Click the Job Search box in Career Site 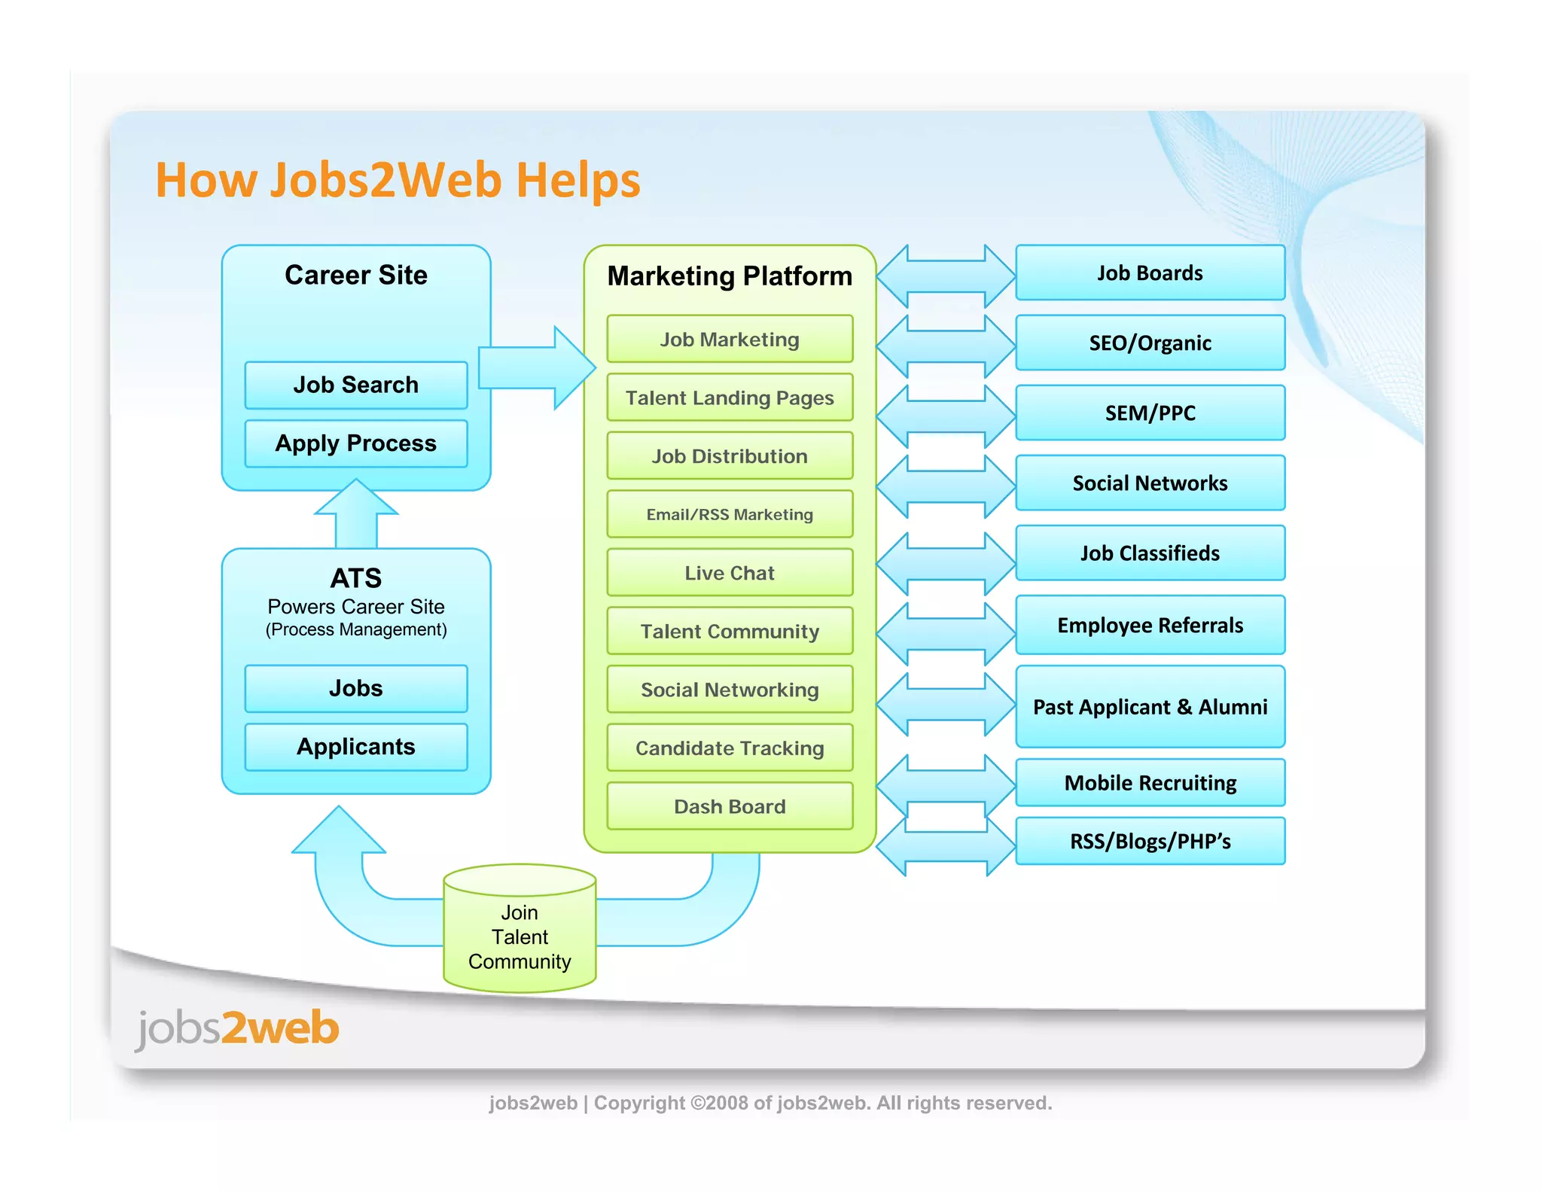pyautogui.click(x=355, y=385)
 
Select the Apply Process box pyautogui.click(x=355, y=443)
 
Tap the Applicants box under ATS pyautogui.click(x=355, y=747)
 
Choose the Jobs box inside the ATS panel pyautogui.click(x=355, y=688)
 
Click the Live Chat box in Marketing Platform pyautogui.click(x=729, y=573)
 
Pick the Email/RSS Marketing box pyautogui.click(x=729, y=514)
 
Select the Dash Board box pyautogui.click(x=729, y=806)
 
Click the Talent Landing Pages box pyautogui.click(x=729, y=398)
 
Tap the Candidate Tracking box pyautogui.click(x=729, y=748)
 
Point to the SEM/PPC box pyautogui.click(x=1150, y=413)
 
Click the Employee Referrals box pyautogui.click(x=1150, y=625)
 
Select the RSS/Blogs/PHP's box pyautogui.click(x=1150, y=841)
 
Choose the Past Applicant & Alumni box pyautogui.click(x=1150, y=707)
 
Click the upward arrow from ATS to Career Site pyautogui.click(x=355, y=516)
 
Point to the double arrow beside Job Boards pyautogui.click(x=946, y=276)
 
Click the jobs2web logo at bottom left pyautogui.click(x=237, y=1028)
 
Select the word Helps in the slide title pyautogui.click(x=577, y=181)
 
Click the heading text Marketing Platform pyautogui.click(x=729, y=276)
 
